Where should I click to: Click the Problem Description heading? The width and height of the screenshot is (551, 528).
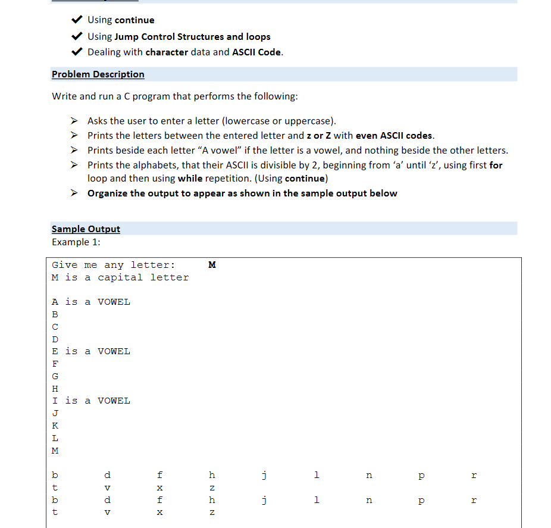[98, 74]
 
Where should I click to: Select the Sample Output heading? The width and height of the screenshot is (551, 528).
[86, 229]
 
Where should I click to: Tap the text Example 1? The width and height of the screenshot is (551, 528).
[76, 242]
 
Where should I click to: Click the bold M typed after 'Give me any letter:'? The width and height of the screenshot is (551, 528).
[212, 265]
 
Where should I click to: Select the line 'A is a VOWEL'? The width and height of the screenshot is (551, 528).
[91, 302]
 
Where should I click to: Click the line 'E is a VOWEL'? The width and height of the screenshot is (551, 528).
[91, 351]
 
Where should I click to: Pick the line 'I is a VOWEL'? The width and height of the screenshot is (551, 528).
[91, 401]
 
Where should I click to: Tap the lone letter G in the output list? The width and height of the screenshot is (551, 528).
[55, 376]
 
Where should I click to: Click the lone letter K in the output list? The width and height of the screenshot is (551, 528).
[55, 426]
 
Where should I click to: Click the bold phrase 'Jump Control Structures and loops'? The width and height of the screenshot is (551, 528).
[192, 37]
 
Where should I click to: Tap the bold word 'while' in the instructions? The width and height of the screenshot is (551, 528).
[190, 179]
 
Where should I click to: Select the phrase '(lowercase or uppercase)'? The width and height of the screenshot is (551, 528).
[279, 121]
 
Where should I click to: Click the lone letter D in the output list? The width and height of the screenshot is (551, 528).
[55, 339]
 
